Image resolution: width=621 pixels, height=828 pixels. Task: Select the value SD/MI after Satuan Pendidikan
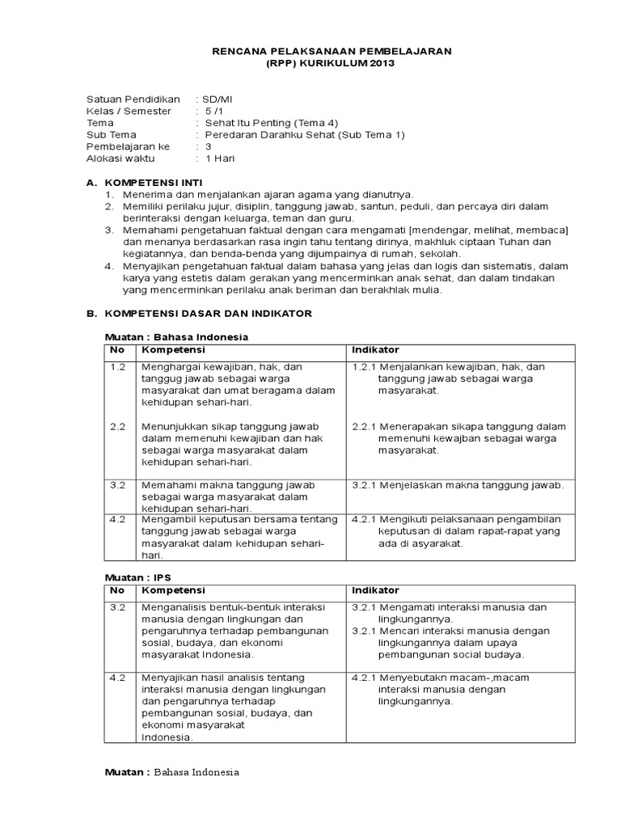[x=217, y=99]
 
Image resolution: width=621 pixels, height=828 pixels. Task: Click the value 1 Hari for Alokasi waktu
[x=221, y=159]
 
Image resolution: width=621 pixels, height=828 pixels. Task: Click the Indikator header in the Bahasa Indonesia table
[x=375, y=350]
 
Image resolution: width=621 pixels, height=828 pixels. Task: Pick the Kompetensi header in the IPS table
[x=173, y=591]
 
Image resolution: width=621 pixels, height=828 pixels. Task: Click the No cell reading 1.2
[x=117, y=367]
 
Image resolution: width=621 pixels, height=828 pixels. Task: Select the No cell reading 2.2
[x=117, y=426]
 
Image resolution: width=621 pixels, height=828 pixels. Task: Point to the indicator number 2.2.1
[x=364, y=426]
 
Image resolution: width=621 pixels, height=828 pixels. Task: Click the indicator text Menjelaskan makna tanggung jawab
[x=471, y=485]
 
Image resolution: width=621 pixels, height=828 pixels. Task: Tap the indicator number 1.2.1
[x=364, y=367]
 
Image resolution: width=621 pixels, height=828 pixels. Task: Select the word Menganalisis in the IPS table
[x=172, y=606]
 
